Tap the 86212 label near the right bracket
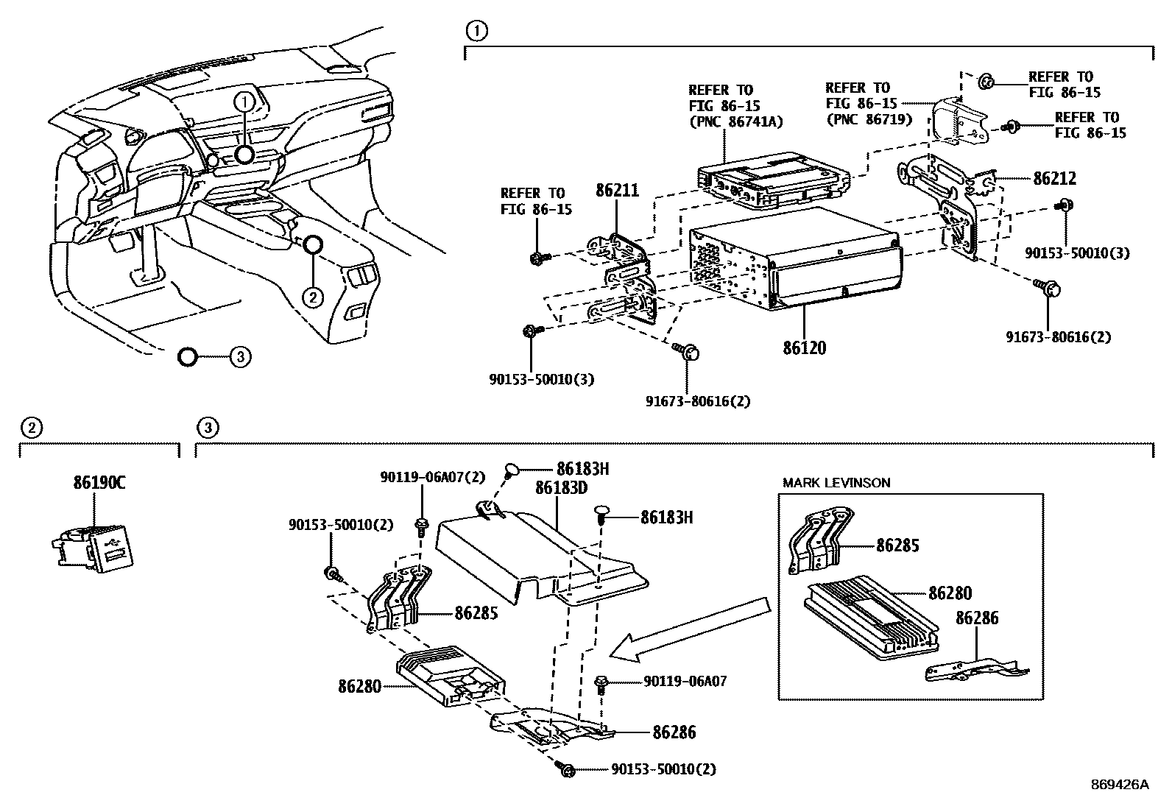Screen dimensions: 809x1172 tap(1054, 178)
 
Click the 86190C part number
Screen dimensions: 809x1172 tap(99, 484)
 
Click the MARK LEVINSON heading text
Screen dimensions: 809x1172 tap(836, 483)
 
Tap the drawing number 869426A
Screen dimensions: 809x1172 tap(1119, 785)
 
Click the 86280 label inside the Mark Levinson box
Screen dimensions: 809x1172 tap(950, 593)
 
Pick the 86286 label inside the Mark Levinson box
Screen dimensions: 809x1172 tap(977, 618)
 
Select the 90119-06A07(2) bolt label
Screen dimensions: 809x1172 tap(433, 477)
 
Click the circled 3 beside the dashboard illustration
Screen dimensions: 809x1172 tap(239, 358)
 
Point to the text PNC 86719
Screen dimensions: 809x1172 tap(869, 119)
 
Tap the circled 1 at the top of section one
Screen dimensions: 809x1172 tap(477, 31)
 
